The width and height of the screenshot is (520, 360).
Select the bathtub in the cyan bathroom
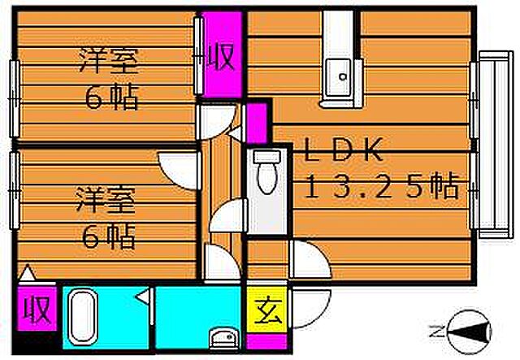tap(81, 318)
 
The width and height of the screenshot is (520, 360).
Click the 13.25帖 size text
tap(381, 189)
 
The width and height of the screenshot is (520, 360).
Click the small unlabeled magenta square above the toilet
tap(257, 122)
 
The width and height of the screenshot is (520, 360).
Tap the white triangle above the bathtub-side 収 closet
tap(27, 274)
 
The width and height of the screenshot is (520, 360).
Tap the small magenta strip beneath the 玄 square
tap(263, 335)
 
